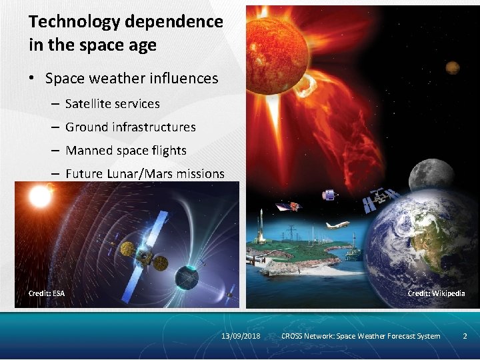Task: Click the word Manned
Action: click(x=89, y=151)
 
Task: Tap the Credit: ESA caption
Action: click(x=47, y=293)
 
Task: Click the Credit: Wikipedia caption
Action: click(x=436, y=293)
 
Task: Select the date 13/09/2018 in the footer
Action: click(x=241, y=336)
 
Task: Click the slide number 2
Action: click(x=465, y=336)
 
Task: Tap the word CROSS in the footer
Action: click(x=291, y=336)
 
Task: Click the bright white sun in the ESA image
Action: click(x=40, y=196)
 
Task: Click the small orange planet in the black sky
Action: click(x=453, y=67)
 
